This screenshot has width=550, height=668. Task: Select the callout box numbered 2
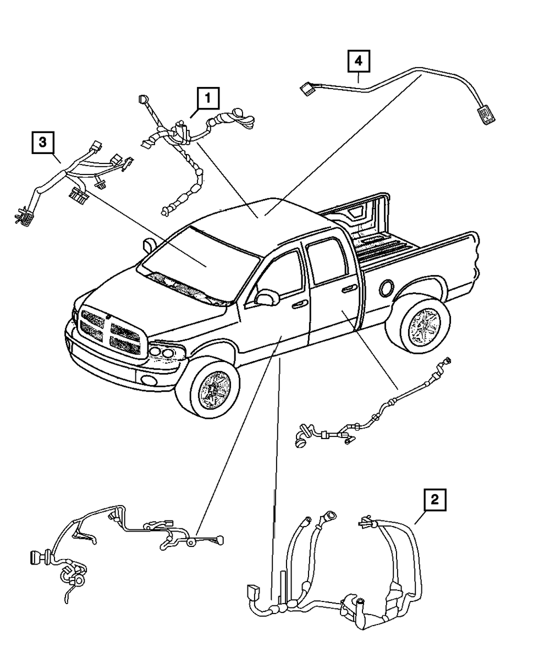[x=435, y=500]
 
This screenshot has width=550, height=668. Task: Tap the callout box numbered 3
[x=42, y=144]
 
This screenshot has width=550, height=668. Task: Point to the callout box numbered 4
[x=358, y=62]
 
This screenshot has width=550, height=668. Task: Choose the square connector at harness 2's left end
[x=254, y=594]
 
